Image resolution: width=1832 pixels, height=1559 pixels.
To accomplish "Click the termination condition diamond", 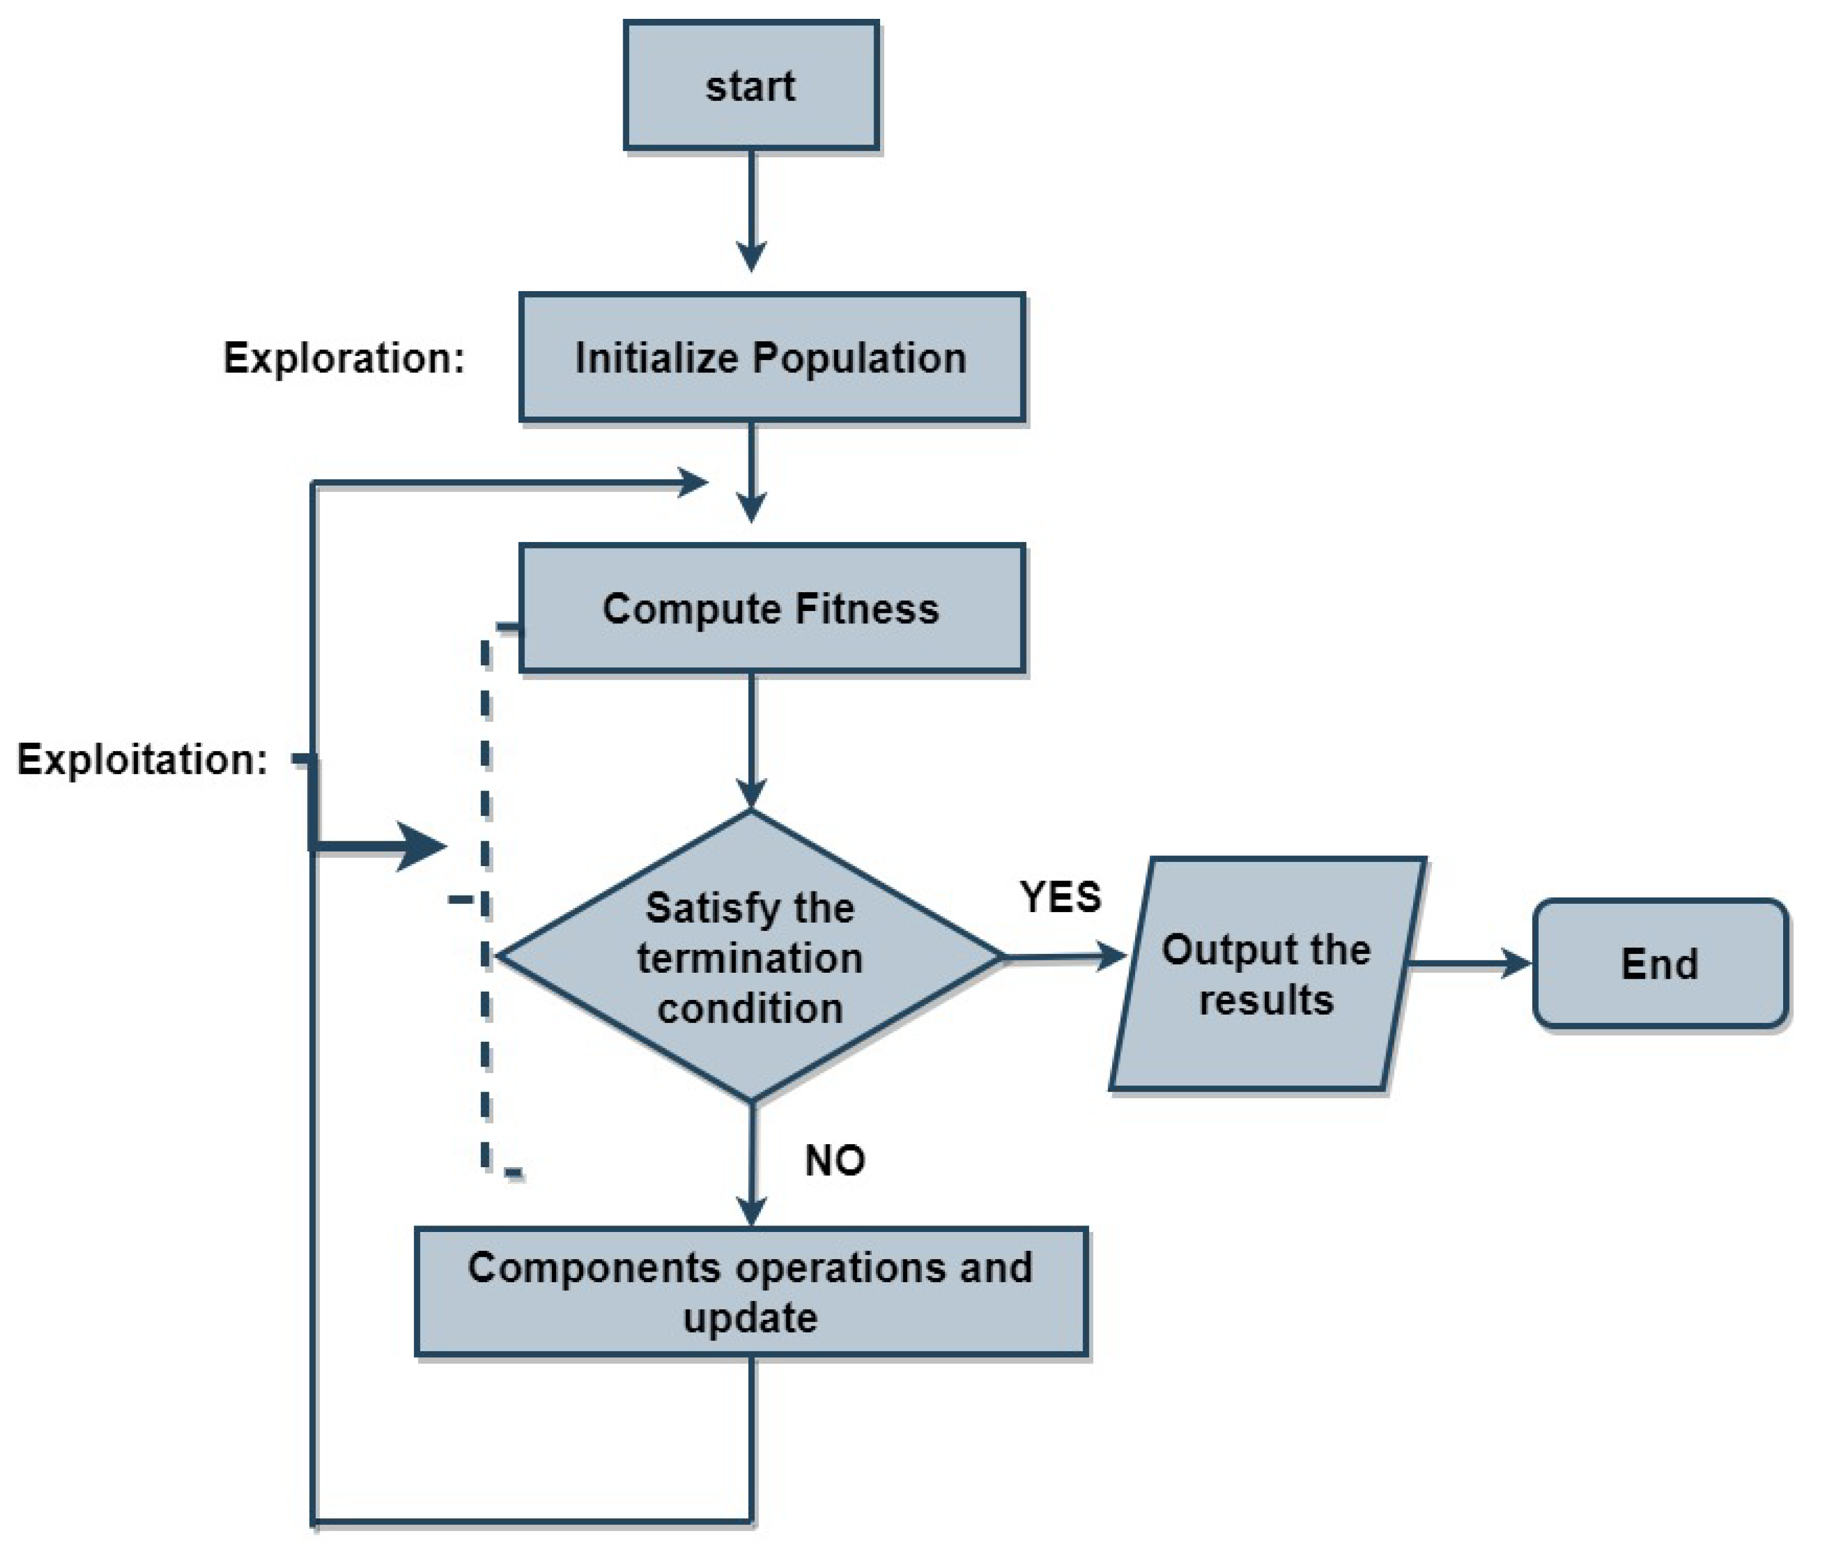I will tap(750, 956).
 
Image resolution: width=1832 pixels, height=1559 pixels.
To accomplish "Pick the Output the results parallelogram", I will tap(1266, 973).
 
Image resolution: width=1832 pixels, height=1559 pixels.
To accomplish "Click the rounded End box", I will tap(1659, 963).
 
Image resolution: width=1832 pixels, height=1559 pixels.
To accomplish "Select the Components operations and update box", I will tap(750, 1292).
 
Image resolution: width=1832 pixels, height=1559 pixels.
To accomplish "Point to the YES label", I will tap(1060, 897).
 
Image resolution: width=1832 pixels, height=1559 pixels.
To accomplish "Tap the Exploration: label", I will tap(343, 358).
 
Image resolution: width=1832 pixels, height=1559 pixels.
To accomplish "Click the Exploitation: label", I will tap(141, 759).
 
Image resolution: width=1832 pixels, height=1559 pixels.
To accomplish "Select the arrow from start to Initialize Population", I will tap(751, 212).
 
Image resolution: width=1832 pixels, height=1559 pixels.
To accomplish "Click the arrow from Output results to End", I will tap(1467, 963).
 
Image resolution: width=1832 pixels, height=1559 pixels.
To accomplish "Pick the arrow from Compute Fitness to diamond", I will tap(751, 738).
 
